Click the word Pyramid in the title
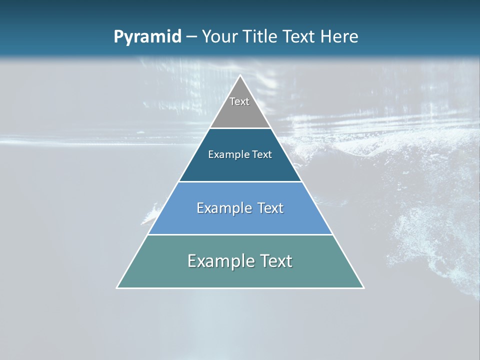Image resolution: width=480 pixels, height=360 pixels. pos(147,37)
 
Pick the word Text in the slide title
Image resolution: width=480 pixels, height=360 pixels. pos(300,37)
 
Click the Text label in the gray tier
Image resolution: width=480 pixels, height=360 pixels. pos(239,101)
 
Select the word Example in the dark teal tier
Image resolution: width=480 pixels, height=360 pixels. pos(227,154)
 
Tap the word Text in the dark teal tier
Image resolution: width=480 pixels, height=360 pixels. pos(261,154)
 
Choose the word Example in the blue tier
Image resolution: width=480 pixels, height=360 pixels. pos(222,208)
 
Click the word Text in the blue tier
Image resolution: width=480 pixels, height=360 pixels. pos(269,208)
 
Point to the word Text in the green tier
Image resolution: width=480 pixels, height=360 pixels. pos(274,261)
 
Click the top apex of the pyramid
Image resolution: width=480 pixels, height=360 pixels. pos(240,76)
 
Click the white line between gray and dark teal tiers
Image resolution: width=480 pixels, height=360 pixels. pos(240,128)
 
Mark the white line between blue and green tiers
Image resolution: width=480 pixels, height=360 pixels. pos(240,234)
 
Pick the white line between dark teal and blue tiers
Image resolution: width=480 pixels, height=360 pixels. pos(240,181)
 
